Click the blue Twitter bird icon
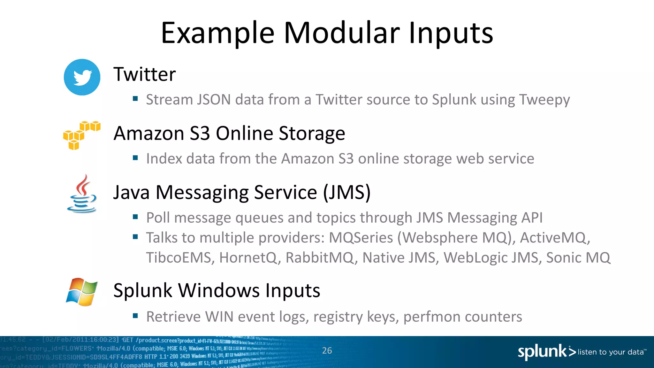click(x=82, y=77)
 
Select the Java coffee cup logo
click(x=82, y=194)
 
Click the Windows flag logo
click(x=82, y=292)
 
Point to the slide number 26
click(x=327, y=351)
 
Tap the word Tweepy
click(x=544, y=100)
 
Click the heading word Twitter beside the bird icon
click(x=145, y=74)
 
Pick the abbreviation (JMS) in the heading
click(x=347, y=192)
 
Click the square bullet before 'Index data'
click(x=135, y=158)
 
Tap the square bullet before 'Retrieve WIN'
click(x=135, y=316)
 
